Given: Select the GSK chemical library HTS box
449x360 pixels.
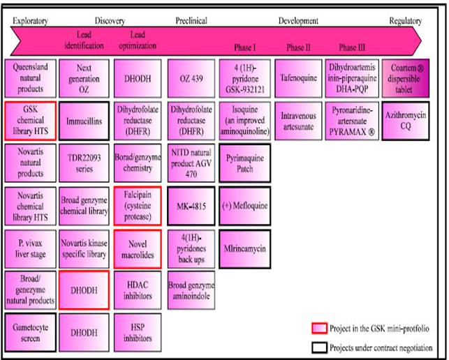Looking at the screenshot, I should coord(30,120).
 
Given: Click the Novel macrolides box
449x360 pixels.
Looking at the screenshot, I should coord(137,248).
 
